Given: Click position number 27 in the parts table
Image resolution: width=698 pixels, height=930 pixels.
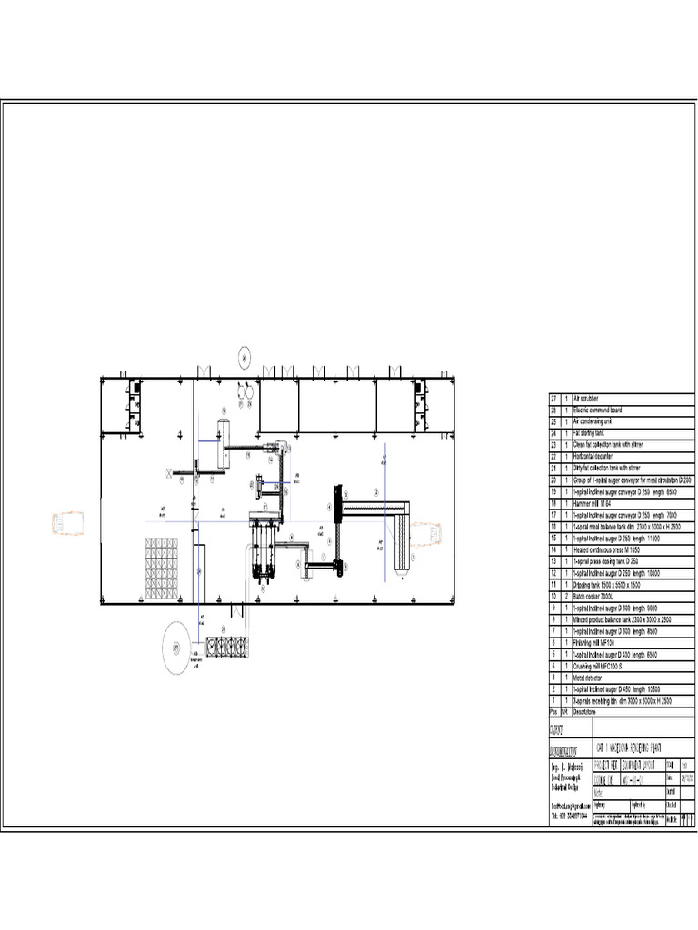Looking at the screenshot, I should (x=553, y=399).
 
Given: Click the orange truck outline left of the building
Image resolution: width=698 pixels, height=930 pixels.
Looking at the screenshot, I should (x=68, y=525).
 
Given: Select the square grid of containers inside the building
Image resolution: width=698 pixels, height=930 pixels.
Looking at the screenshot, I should (x=161, y=569).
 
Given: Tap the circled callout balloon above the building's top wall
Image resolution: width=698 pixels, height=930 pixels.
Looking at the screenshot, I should (x=245, y=357).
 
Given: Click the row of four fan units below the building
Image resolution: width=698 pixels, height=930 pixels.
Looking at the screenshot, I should (x=226, y=647).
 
